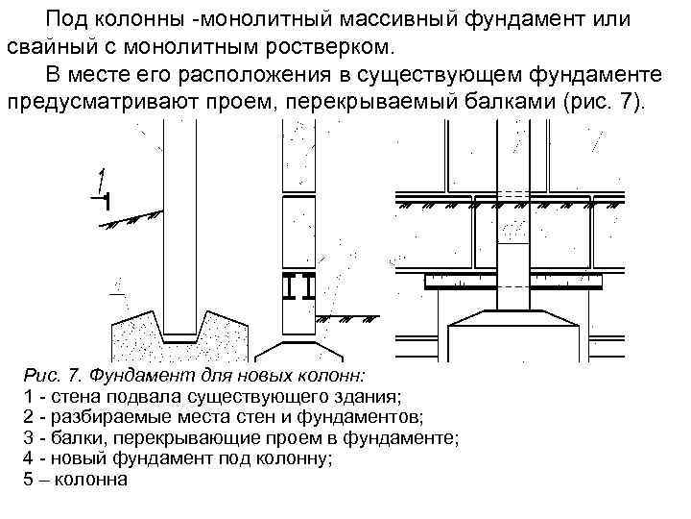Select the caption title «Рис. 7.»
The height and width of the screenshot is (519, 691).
[59, 374]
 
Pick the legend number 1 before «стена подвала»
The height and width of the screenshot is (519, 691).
[26, 395]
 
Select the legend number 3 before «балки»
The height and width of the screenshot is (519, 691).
[26, 437]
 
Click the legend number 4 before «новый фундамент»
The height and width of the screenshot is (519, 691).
[26, 458]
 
